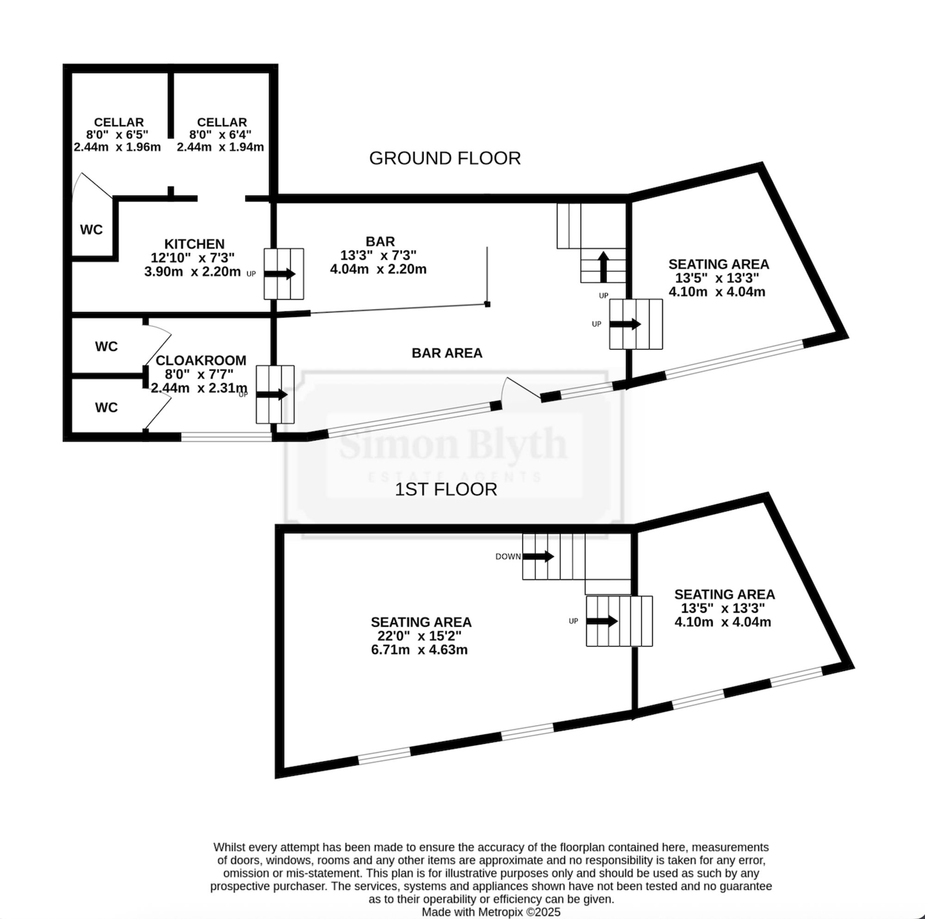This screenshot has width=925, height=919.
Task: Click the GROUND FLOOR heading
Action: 445,158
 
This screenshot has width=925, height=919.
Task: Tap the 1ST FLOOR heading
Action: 446,489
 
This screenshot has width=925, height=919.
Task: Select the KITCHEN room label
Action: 194,244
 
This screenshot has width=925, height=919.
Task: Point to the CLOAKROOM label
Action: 201,360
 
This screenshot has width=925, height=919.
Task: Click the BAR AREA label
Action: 447,353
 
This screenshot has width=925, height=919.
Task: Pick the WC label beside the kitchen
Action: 92,230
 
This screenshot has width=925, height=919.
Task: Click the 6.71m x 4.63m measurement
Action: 419,650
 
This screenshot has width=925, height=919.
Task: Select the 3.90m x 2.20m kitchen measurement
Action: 192,272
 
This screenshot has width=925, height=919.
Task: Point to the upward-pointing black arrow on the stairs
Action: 603,267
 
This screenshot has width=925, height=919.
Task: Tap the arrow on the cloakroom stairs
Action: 272,395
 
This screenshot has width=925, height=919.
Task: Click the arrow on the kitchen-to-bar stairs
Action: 280,274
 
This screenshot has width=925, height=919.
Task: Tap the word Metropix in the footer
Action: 500,912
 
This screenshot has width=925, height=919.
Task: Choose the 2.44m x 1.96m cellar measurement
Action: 117,147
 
